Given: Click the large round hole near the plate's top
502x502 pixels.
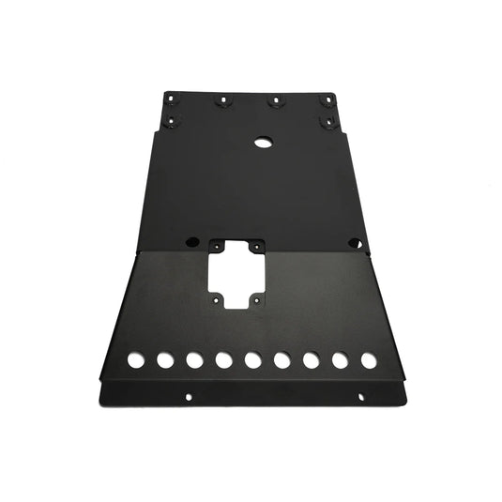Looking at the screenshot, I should pyautogui.click(x=262, y=144).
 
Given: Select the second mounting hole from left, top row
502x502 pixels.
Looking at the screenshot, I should pyautogui.click(x=223, y=100).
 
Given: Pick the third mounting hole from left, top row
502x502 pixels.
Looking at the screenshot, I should pyautogui.click(x=274, y=100).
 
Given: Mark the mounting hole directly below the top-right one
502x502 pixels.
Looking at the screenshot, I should pyautogui.click(x=327, y=121).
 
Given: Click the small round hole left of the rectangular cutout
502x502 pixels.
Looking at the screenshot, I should pyautogui.click(x=191, y=239).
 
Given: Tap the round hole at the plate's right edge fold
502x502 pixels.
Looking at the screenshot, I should pyautogui.click(x=355, y=241).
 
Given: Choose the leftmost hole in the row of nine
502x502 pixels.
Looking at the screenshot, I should pyautogui.click(x=136, y=359).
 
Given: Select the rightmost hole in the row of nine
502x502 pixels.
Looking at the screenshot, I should pyautogui.click(x=369, y=359).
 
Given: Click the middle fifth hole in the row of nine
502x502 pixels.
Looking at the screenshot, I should pyautogui.click(x=252, y=359).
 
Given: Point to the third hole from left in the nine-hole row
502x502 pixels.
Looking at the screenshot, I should pyautogui.click(x=194, y=359).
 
